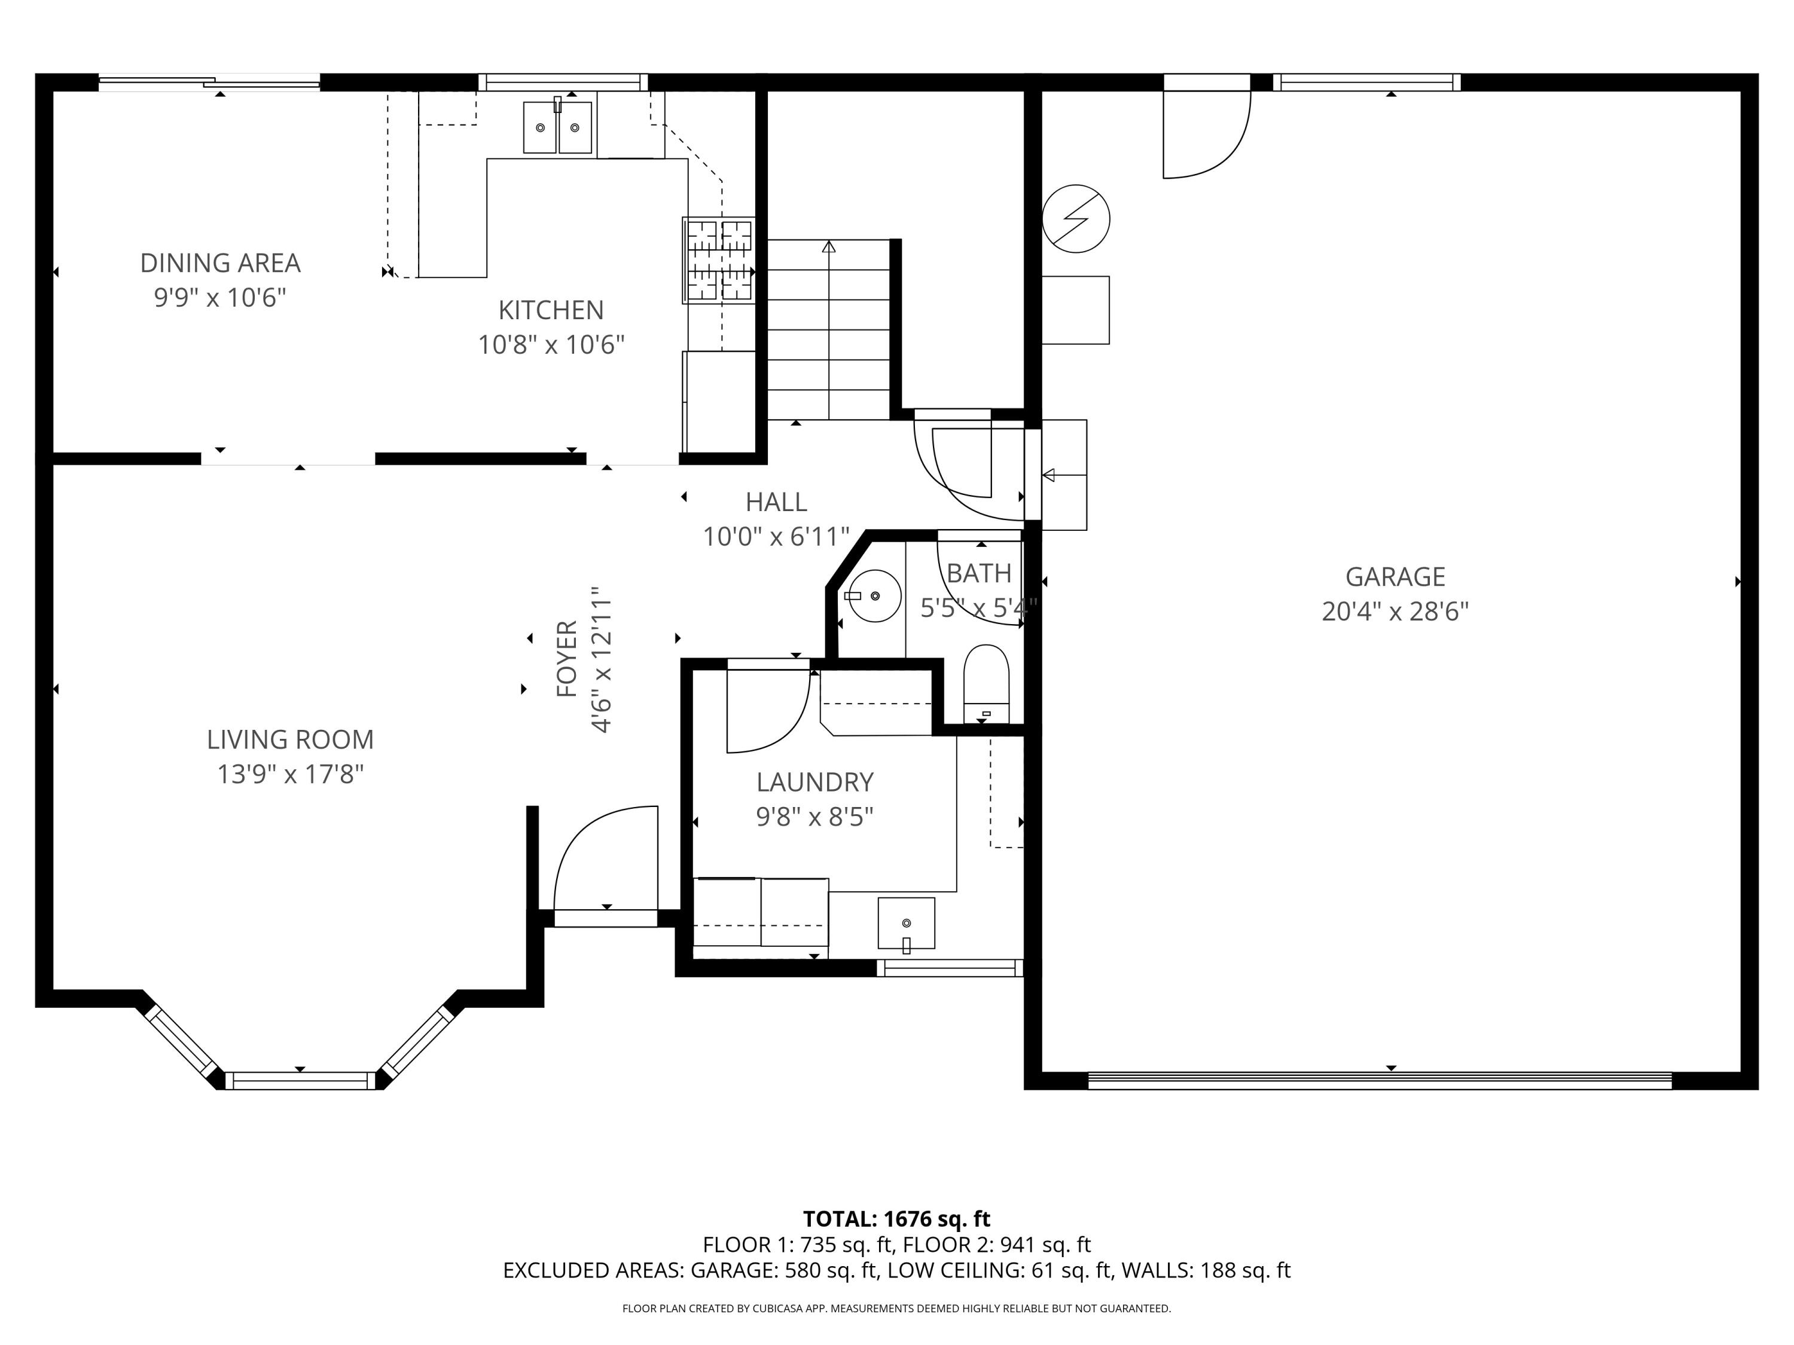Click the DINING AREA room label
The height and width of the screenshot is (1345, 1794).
220,262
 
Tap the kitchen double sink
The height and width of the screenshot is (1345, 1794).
557,127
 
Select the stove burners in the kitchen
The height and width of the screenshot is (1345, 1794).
719,260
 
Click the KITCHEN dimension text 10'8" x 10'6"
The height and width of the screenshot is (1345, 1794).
551,344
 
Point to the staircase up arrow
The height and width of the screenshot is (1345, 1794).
828,247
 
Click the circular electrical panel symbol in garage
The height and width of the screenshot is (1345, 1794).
1075,219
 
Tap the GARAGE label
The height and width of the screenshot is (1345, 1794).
1395,576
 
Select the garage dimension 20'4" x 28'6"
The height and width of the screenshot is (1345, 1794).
1395,612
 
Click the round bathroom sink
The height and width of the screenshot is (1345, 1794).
875,596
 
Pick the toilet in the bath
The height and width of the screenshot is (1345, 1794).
986,681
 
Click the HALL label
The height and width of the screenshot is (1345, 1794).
776,503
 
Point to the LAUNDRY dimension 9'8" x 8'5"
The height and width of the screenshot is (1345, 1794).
814,817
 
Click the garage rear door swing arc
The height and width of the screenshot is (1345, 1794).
1216,150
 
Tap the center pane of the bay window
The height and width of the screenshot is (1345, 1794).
300,1080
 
